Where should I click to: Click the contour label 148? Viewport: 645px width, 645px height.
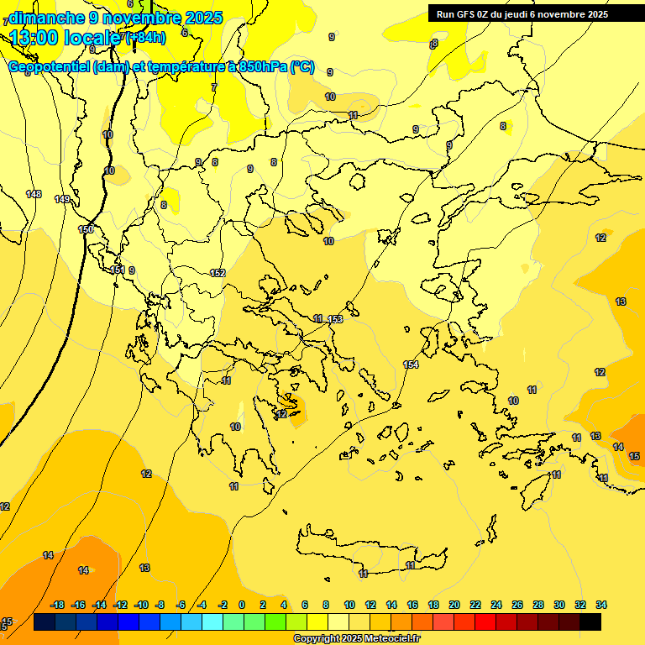(x=34, y=194)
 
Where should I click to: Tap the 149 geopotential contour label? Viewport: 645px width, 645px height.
(x=62, y=199)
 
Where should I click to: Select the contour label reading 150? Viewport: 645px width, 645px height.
(x=86, y=229)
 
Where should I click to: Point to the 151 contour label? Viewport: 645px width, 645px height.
(x=118, y=270)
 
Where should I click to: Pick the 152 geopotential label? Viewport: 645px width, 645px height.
(x=218, y=273)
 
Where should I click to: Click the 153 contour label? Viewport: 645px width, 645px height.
(x=335, y=319)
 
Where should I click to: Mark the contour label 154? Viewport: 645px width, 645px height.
(x=411, y=364)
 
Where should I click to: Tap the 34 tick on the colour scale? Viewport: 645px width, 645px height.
(x=601, y=605)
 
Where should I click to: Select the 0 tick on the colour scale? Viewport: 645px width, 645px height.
(x=242, y=605)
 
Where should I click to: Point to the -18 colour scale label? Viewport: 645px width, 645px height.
(x=58, y=605)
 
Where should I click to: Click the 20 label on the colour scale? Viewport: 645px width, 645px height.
(x=454, y=605)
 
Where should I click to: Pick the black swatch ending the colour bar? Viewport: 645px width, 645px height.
(x=590, y=622)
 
